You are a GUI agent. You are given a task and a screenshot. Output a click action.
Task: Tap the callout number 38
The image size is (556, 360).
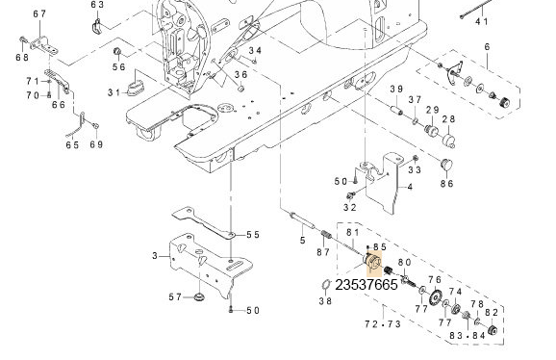(325, 300)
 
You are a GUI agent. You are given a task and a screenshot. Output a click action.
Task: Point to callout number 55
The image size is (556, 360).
(253, 234)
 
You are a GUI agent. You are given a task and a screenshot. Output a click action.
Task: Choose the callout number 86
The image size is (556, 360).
(446, 182)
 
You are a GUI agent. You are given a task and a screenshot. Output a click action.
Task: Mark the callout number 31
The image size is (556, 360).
(114, 92)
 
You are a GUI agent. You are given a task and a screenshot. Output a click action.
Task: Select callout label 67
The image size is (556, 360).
(39, 13)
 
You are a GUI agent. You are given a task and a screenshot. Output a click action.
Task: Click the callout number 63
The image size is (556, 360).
(97, 5)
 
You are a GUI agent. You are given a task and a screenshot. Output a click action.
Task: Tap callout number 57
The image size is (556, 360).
(175, 297)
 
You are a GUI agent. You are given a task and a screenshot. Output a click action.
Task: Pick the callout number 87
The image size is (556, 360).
(323, 252)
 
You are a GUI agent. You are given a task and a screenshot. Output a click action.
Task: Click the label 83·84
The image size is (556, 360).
(460, 335)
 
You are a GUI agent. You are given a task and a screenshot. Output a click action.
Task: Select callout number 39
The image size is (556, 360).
(395, 90)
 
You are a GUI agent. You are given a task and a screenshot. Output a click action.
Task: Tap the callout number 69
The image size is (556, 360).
(95, 144)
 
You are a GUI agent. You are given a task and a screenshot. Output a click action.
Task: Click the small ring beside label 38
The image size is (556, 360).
(325, 284)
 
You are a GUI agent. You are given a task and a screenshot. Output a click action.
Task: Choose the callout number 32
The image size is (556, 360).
(350, 206)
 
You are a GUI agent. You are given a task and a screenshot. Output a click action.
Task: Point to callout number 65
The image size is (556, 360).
(72, 144)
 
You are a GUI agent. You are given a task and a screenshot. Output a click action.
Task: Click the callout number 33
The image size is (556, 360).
(415, 170)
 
